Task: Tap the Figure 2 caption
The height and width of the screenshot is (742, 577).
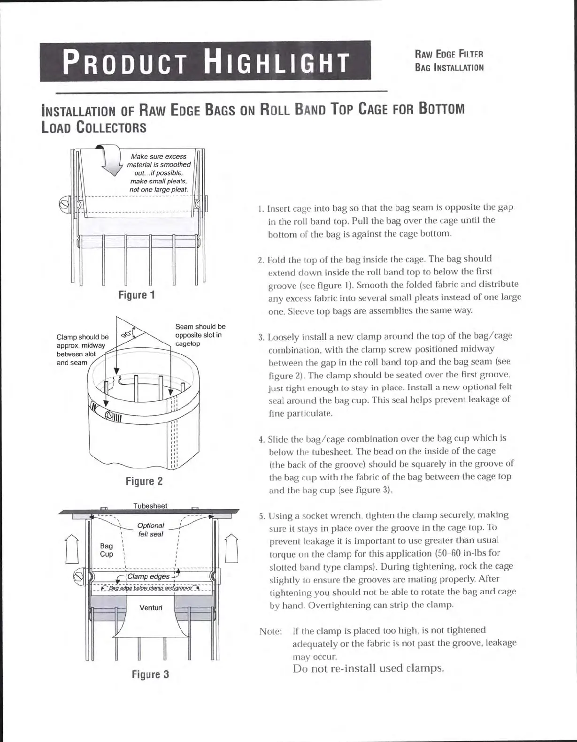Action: click(x=144, y=482)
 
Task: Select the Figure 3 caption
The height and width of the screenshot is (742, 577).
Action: click(x=150, y=675)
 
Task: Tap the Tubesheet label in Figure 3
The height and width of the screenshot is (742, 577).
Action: click(x=150, y=506)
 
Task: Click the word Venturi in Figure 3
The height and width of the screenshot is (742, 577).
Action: click(x=151, y=608)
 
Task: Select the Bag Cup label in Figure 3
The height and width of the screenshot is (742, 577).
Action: click(x=107, y=550)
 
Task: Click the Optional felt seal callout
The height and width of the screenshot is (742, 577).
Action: click(x=150, y=530)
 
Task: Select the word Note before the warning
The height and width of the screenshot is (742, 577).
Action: click(x=270, y=631)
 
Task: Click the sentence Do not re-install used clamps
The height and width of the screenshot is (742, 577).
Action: click(x=368, y=668)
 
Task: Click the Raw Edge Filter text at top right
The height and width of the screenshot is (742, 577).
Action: click(x=449, y=54)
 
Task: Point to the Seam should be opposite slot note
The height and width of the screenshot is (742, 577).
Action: click(x=200, y=335)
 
